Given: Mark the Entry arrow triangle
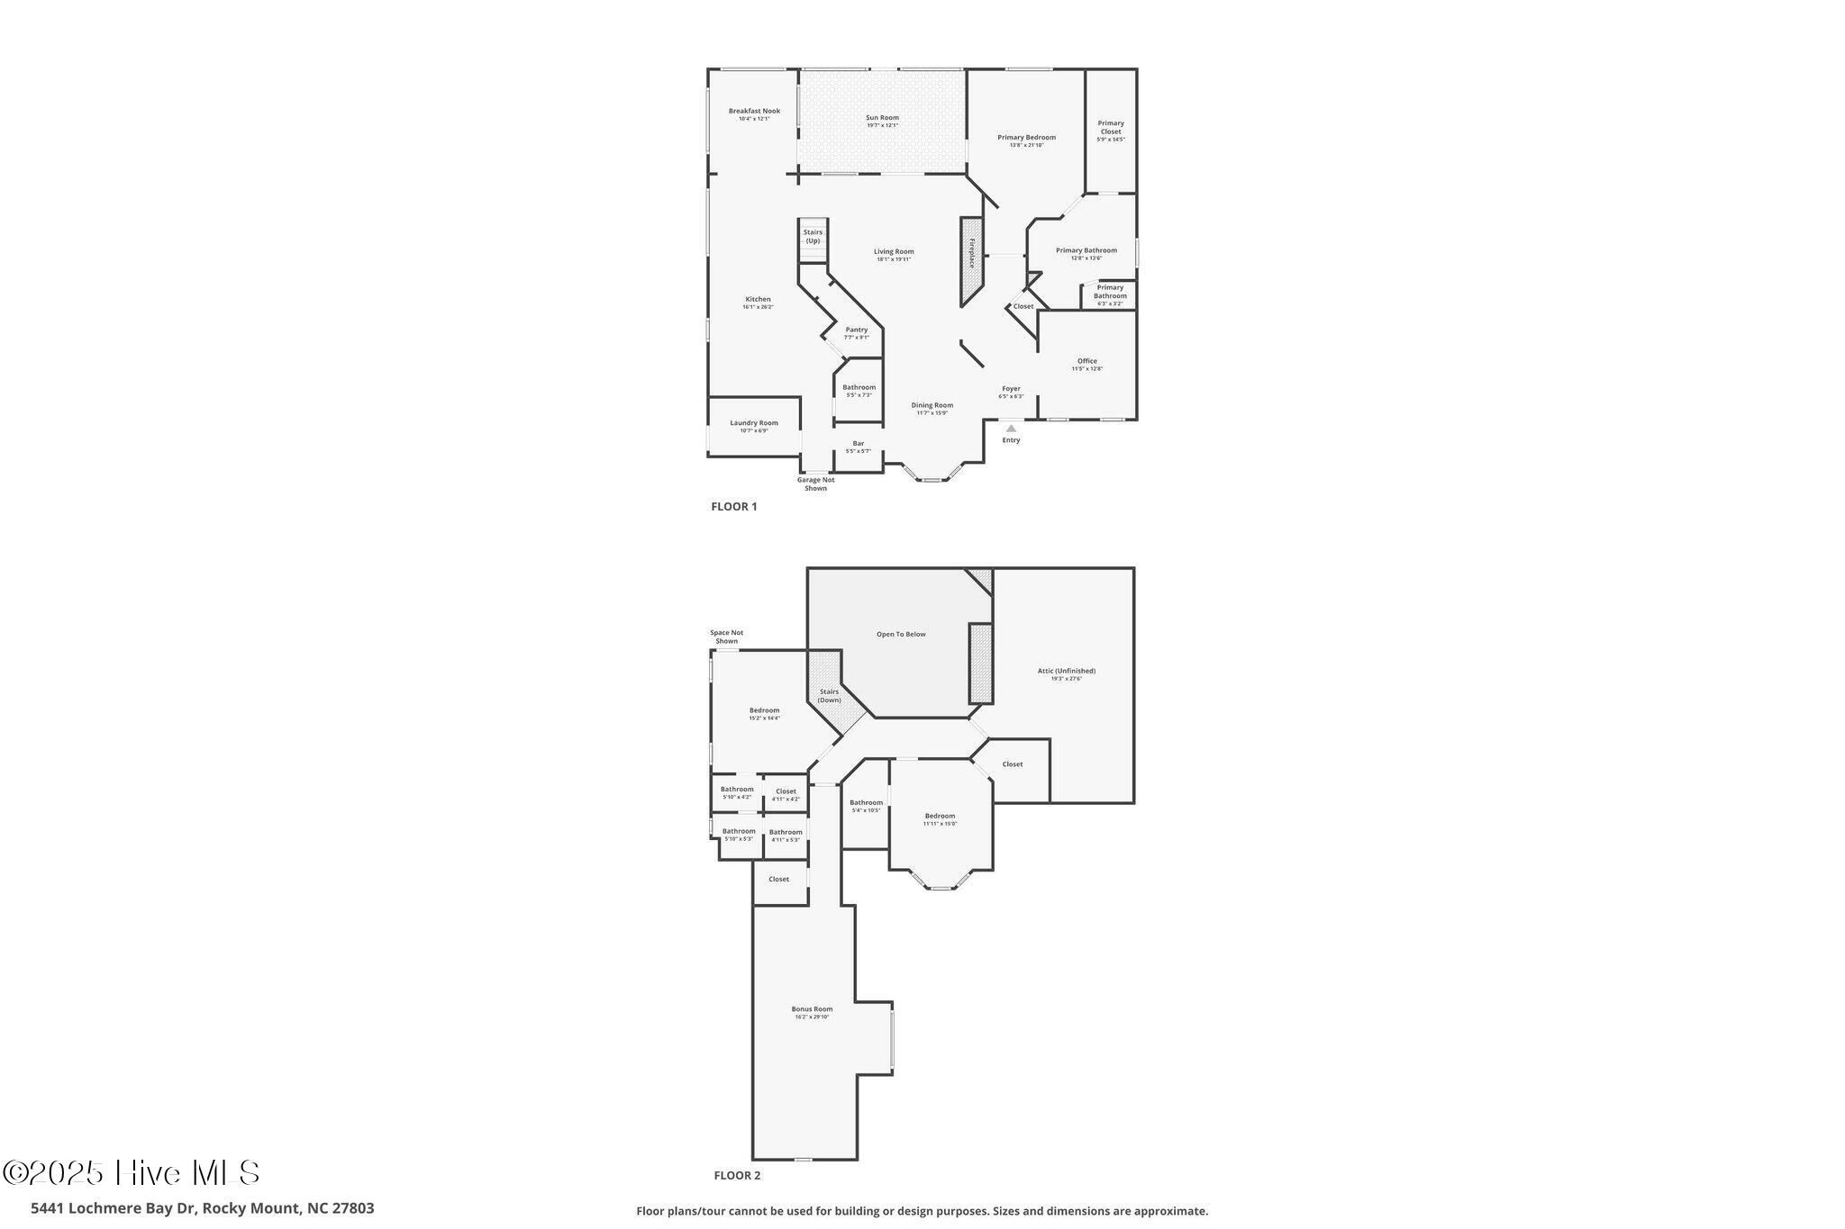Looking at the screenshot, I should point(1011,429).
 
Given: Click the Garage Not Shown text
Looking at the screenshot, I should point(815,483).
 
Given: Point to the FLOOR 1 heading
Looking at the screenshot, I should point(734,507).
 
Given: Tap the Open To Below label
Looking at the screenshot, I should point(901,635).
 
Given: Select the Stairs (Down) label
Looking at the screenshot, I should point(829,696).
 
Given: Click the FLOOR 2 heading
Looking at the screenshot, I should point(737,1175).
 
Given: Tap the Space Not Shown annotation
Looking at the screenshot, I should point(726,637).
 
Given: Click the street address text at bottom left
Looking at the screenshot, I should point(203,1208).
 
